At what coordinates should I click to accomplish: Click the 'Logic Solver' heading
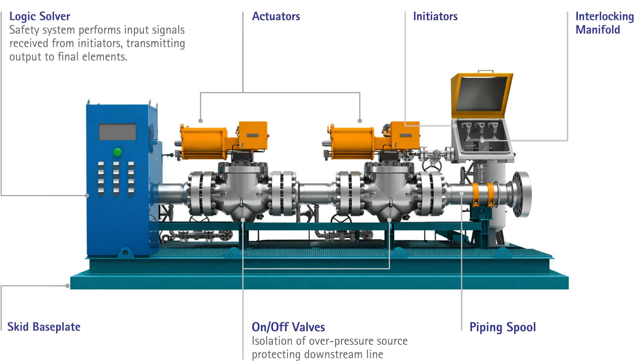coord(40,17)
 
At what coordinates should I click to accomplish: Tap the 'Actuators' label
coord(276,16)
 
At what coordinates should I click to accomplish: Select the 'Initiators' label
coord(435,16)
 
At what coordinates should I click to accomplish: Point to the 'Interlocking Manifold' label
coord(604,23)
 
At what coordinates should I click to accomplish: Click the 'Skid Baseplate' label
coord(44,327)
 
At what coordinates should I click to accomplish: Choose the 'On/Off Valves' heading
coord(288,327)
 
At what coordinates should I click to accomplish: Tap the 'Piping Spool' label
coord(503,327)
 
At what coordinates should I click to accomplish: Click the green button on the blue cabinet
coord(117,152)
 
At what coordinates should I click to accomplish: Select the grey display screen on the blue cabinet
coord(118,132)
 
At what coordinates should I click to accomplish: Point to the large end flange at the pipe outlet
coord(521,194)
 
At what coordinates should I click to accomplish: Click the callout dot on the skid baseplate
coord(67,286)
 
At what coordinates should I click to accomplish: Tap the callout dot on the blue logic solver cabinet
coord(87,195)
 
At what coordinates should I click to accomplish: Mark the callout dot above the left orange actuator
coord(200,121)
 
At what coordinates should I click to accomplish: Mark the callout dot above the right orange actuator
coord(360,121)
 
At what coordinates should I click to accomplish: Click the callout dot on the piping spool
coord(462,193)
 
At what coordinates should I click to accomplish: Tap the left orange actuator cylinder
coord(204,143)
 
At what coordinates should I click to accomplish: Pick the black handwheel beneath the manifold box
coord(432,166)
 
